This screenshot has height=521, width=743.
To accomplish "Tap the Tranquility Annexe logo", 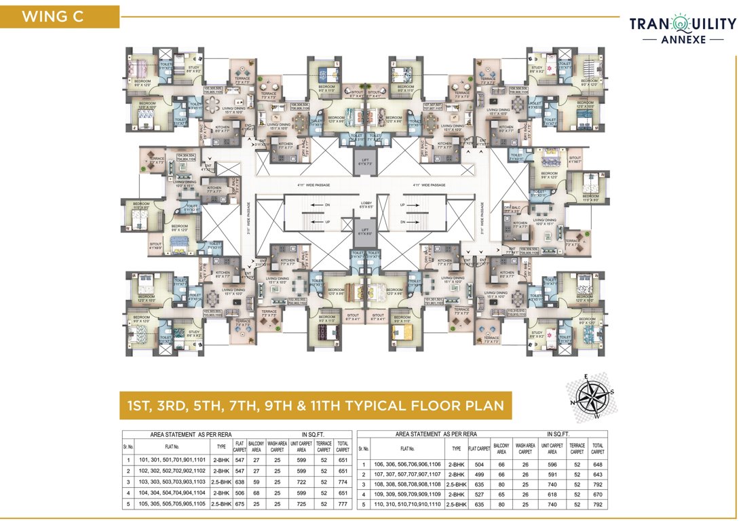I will coord(683,30).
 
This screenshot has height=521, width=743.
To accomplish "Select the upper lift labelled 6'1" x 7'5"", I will coord(365,163).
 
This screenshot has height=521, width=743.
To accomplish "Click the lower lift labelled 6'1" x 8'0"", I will coord(365,233).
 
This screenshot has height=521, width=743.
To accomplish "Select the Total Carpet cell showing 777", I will coord(343,505).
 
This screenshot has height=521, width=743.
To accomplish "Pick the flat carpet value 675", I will coord(239,505).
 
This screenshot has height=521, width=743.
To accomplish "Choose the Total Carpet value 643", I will coord(597,475).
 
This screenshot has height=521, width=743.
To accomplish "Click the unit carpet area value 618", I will coord(552,495).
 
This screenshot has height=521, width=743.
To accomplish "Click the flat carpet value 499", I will coord(479,475).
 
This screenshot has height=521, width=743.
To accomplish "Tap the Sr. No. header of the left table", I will coord(127,447).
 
